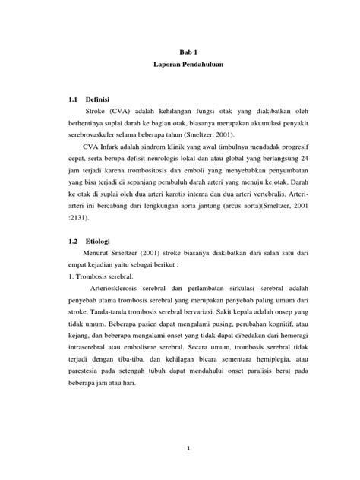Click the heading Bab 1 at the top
[x=180, y=52]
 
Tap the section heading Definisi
[x=98, y=99]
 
